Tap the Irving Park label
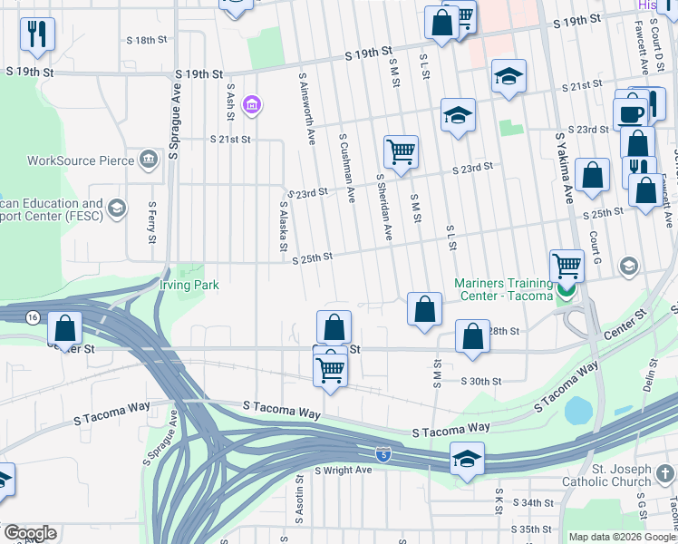tap(189, 285)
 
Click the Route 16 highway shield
tap(34, 316)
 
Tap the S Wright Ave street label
tap(344, 471)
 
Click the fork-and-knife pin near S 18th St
tap(37, 34)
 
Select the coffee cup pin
tap(631, 113)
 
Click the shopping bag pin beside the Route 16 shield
tap(65, 327)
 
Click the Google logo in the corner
tap(29, 533)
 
